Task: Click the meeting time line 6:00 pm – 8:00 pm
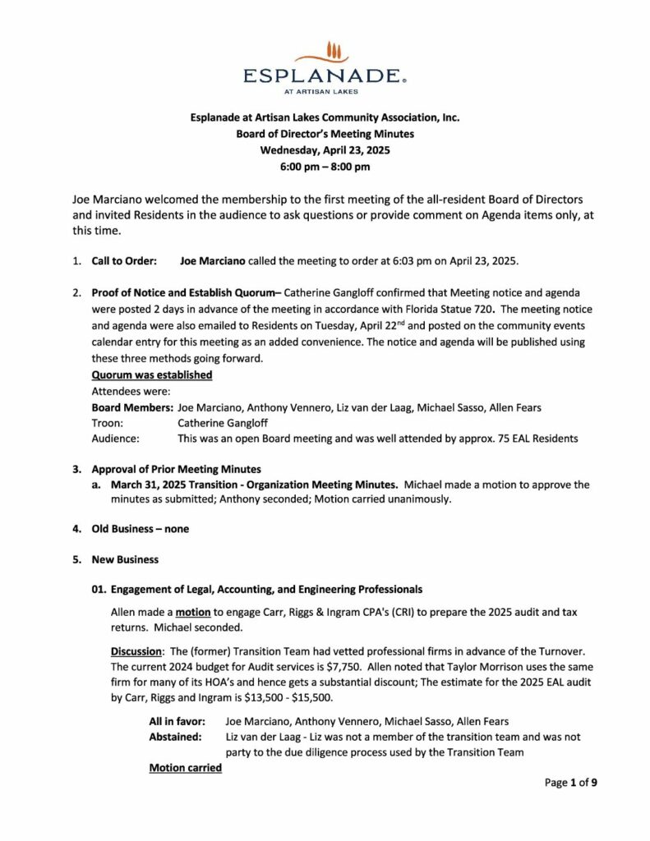click(x=325, y=167)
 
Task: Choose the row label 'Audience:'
click(x=114, y=439)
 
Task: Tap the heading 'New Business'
click(x=125, y=559)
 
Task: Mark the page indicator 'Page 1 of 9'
click(x=570, y=783)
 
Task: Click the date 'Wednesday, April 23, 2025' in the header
click(x=325, y=150)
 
